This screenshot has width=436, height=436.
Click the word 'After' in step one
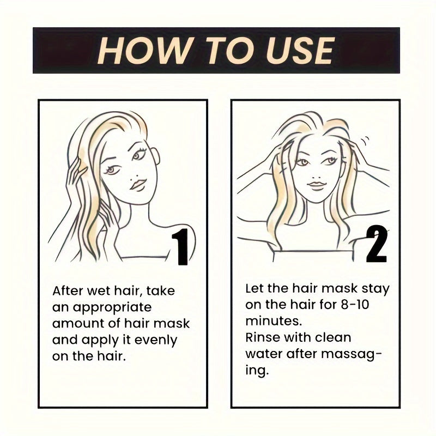click(x=68, y=291)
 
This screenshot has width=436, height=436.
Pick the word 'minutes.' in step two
click(x=270, y=321)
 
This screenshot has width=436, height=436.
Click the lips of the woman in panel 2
click(x=316, y=185)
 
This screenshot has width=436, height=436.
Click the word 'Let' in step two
click(x=255, y=288)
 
